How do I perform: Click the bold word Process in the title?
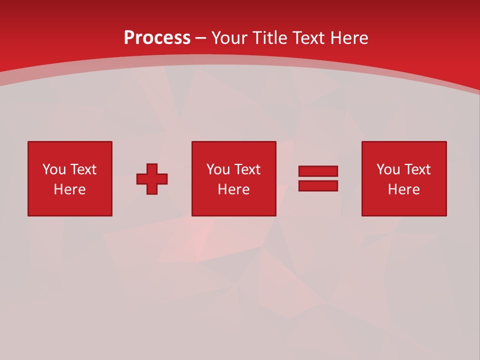[x=157, y=38]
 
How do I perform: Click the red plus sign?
[x=152, y=179]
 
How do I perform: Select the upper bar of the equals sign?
[x=318, y=171]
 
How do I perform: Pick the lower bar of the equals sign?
[x=318, y=185]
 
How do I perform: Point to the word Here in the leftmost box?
[x=69, y=189]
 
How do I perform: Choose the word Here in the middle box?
[x=233, y=189]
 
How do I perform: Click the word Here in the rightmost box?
[x=403, y=189]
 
